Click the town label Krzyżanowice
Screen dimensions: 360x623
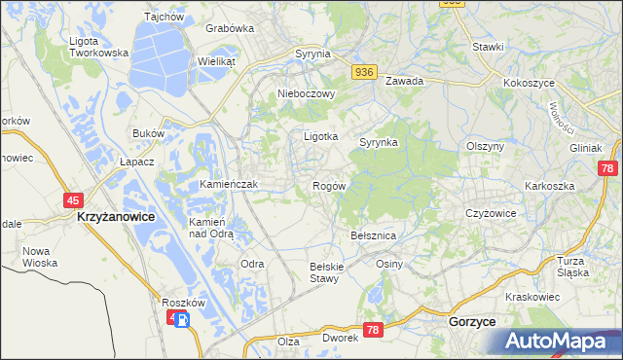pos(115,219)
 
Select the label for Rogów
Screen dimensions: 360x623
pos(329,186)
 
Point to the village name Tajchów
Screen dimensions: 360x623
pos(164,17)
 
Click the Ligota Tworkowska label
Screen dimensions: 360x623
pos(99,47)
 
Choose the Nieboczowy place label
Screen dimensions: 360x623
pos(307,94)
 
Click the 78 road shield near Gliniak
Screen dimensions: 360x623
pos(607,168)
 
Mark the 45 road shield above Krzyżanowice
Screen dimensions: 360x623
pos(73,199)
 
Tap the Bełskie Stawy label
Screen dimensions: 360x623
pos(323,272)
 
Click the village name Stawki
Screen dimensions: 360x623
pos(488,47)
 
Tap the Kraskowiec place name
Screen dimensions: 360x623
pos(533,296)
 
